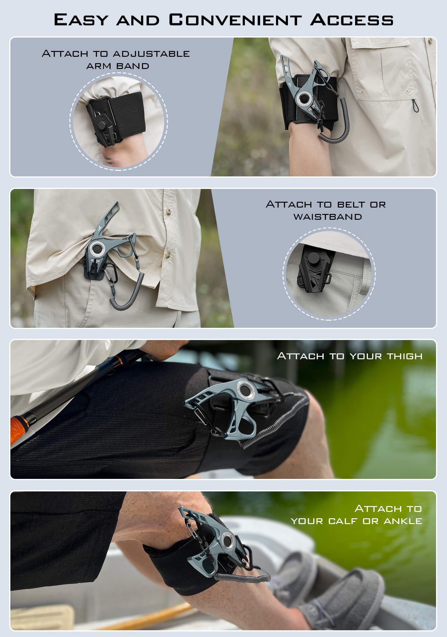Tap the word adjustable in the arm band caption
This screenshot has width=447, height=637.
click(151, 54)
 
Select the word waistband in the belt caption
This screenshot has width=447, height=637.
click(328, 217)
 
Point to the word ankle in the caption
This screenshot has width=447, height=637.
click(403, 521)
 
